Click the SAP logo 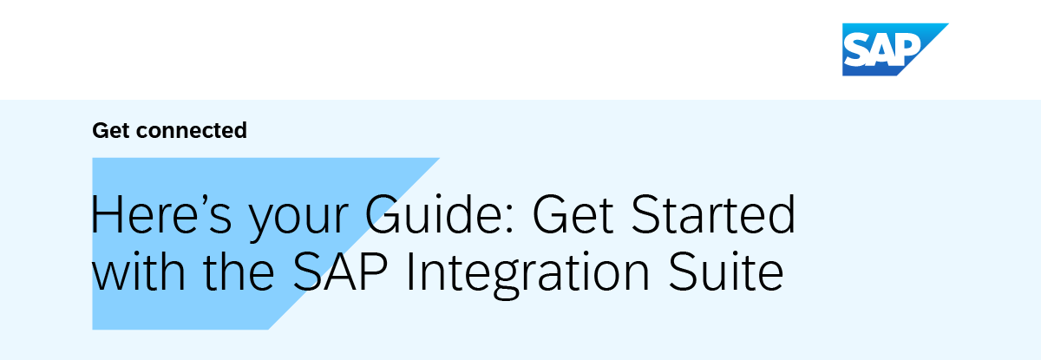pos(895,49)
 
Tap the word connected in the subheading pos(192,130)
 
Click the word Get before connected pos(111,130)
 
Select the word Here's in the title pos(161,214)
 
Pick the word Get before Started pos(573,214)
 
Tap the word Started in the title pos(713,214)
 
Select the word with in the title pos(139,271)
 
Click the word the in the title pos(239,271)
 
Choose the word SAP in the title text pos(340,271)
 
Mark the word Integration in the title pos(527,275)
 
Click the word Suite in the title pos(726,271)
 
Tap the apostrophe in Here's pos(198,200)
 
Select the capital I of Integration pos(409,271)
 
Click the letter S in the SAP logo pos(855,50)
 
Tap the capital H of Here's pos(107,214)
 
